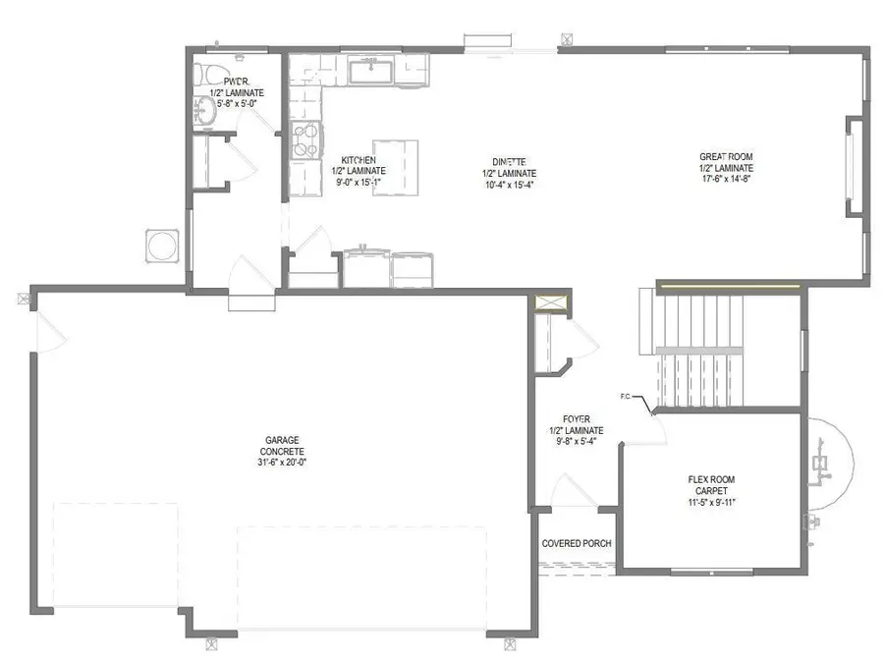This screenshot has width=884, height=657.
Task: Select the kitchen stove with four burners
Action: (x=306, y=140)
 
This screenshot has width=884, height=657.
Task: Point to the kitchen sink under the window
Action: (x=371, y=71)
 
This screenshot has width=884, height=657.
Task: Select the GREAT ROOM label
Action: (x=725, y=156)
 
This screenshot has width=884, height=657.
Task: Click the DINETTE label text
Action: (x=510, y=161)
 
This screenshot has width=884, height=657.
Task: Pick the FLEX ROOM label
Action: (x=710, y=480)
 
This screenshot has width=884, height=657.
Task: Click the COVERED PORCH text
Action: (x=577, y=544)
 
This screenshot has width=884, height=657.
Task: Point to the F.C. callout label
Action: (x=625, y=398)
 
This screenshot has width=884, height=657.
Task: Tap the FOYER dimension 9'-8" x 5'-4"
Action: (x=576, y=442)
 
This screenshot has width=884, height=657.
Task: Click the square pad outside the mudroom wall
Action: (x=162, y=246)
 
